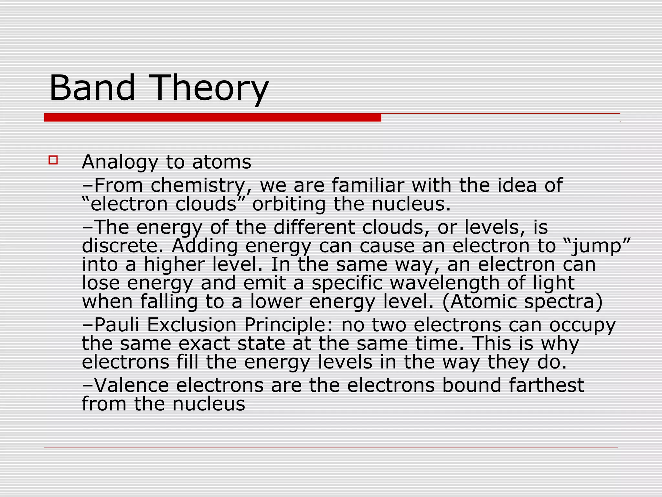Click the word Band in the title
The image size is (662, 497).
pyautogui.click(x=92, y=88)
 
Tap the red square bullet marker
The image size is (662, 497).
pyautogui.click(x=53, y=160)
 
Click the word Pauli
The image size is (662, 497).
pyautogui.click(x=117, y=325)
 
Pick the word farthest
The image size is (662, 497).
pyautogui.click(x=546, y=385)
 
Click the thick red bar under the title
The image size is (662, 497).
pyautogui.click(x=212, y=117)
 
